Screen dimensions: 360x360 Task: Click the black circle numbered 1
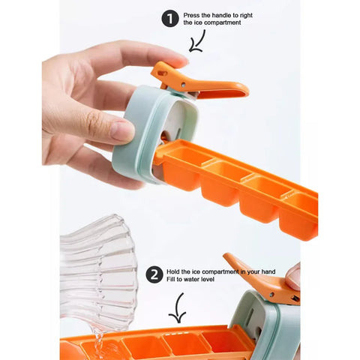coord(170,19)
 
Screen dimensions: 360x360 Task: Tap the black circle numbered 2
coord(154,274)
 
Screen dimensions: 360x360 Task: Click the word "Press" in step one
coord(191,15)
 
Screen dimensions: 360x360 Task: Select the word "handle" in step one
coord(221,15)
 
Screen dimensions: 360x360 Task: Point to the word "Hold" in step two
coord(173,271)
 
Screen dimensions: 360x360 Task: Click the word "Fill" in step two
coord(171,279)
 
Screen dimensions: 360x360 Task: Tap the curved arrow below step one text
coord(197,41)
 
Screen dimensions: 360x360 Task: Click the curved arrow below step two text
coord(178,308)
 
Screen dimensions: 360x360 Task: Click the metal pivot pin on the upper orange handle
coord(184,85)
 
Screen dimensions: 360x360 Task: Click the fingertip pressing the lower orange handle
coord(293,276)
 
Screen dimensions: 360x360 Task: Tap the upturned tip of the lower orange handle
coord(226,256)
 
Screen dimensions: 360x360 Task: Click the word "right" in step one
coord(246,16)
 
